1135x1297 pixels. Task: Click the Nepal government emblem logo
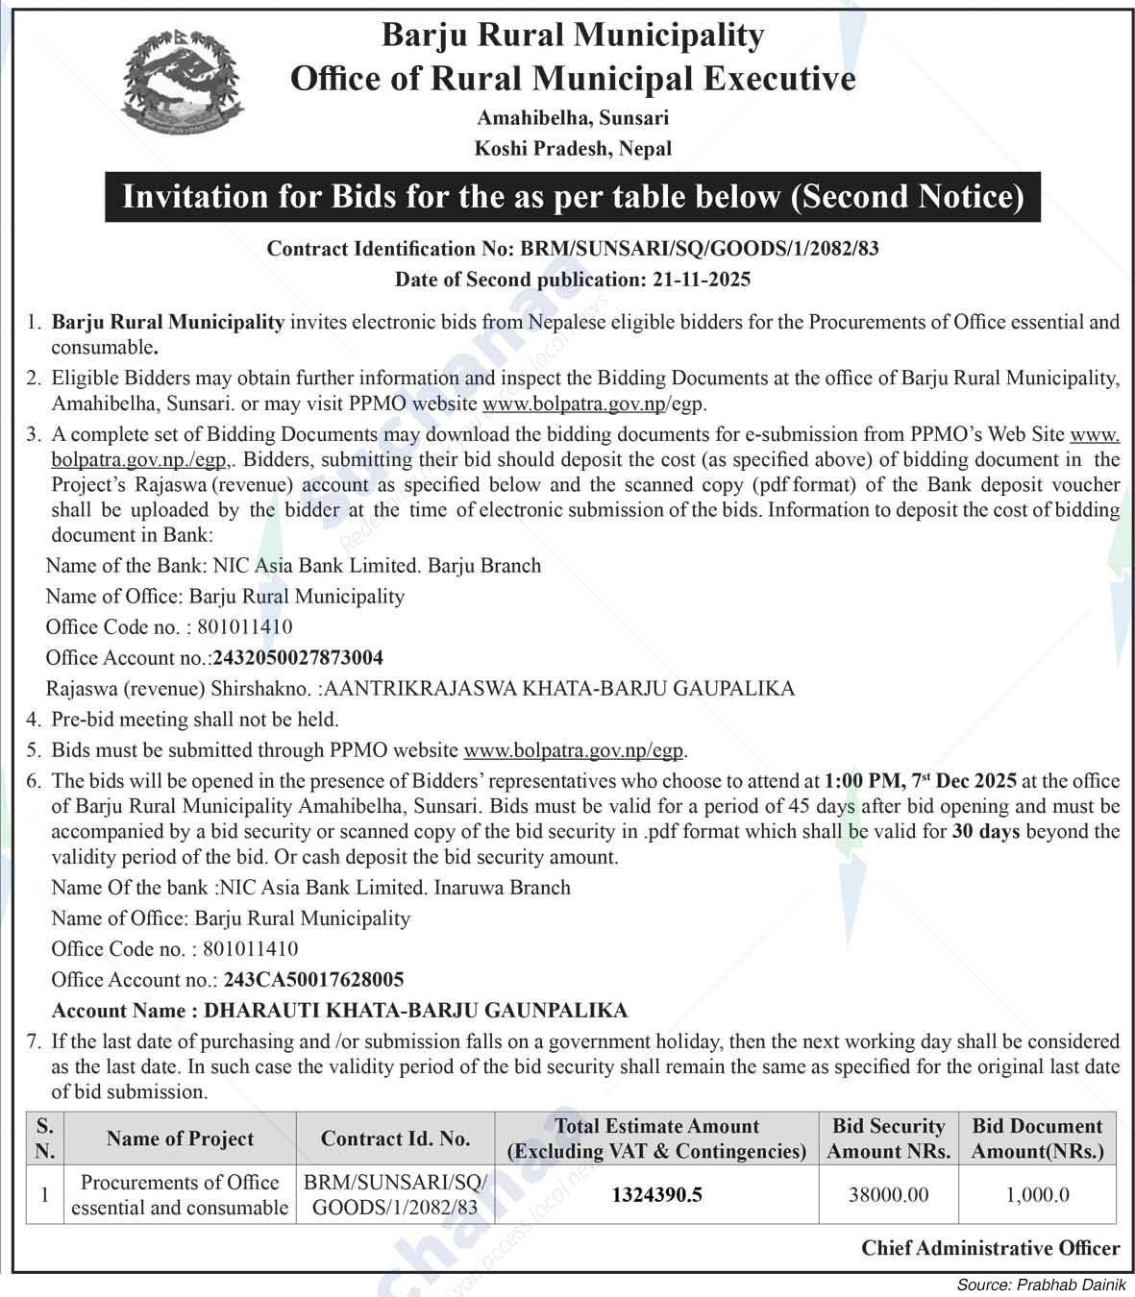coord(173,86)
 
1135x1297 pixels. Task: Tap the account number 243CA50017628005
coord(313,980)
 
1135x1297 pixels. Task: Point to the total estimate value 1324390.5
coord(657,1195)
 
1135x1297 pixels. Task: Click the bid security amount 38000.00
coord(889,1195)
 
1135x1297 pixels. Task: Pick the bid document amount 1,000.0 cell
coord(1038,1195)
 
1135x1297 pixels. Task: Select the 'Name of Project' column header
coord(181,1139)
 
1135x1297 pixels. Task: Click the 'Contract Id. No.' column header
coord(396,1139)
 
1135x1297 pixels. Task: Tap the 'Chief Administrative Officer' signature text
coord(990,1248)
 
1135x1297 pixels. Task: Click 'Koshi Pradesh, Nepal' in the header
coord(573,149)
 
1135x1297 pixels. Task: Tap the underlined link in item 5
coord(575,750)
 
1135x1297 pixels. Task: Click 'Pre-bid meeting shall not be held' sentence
coord(195,720)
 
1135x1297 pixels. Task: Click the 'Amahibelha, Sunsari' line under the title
coord(573,118)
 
